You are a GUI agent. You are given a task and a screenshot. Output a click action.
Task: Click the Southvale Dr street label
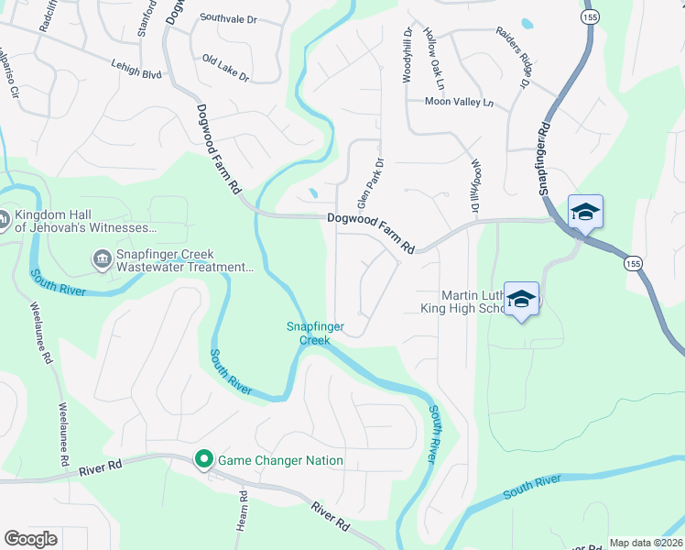click(x=228, y=17)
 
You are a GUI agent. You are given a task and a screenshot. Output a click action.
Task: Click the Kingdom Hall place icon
click(x=5, y=220)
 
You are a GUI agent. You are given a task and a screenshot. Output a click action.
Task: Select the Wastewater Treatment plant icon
click(x=101, y=260)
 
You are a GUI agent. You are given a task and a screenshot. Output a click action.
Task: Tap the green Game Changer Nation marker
click(x=203, y=460)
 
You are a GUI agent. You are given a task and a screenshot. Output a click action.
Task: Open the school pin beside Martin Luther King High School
click(x=521, y=299)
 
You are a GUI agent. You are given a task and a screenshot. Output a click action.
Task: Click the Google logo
click(x=31, y=538)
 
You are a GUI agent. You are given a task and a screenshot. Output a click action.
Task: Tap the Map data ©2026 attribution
click(x=646, y=543)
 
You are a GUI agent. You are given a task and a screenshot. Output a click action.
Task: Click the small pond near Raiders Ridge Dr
click(x=527, y=23)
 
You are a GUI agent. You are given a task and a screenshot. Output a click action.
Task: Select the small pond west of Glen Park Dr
click(x=313, y=193)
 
